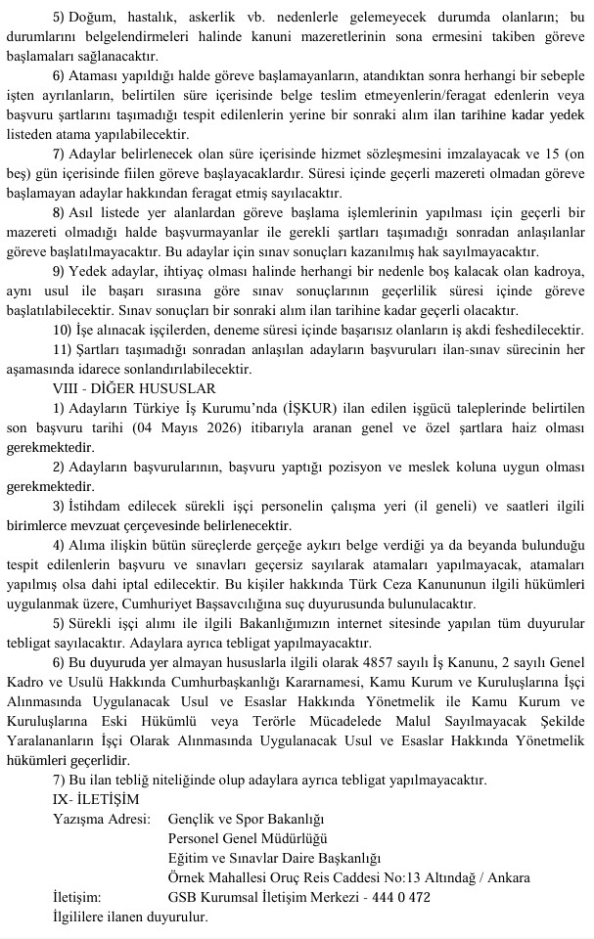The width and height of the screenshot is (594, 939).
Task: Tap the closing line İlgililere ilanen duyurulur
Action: point(129,917)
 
